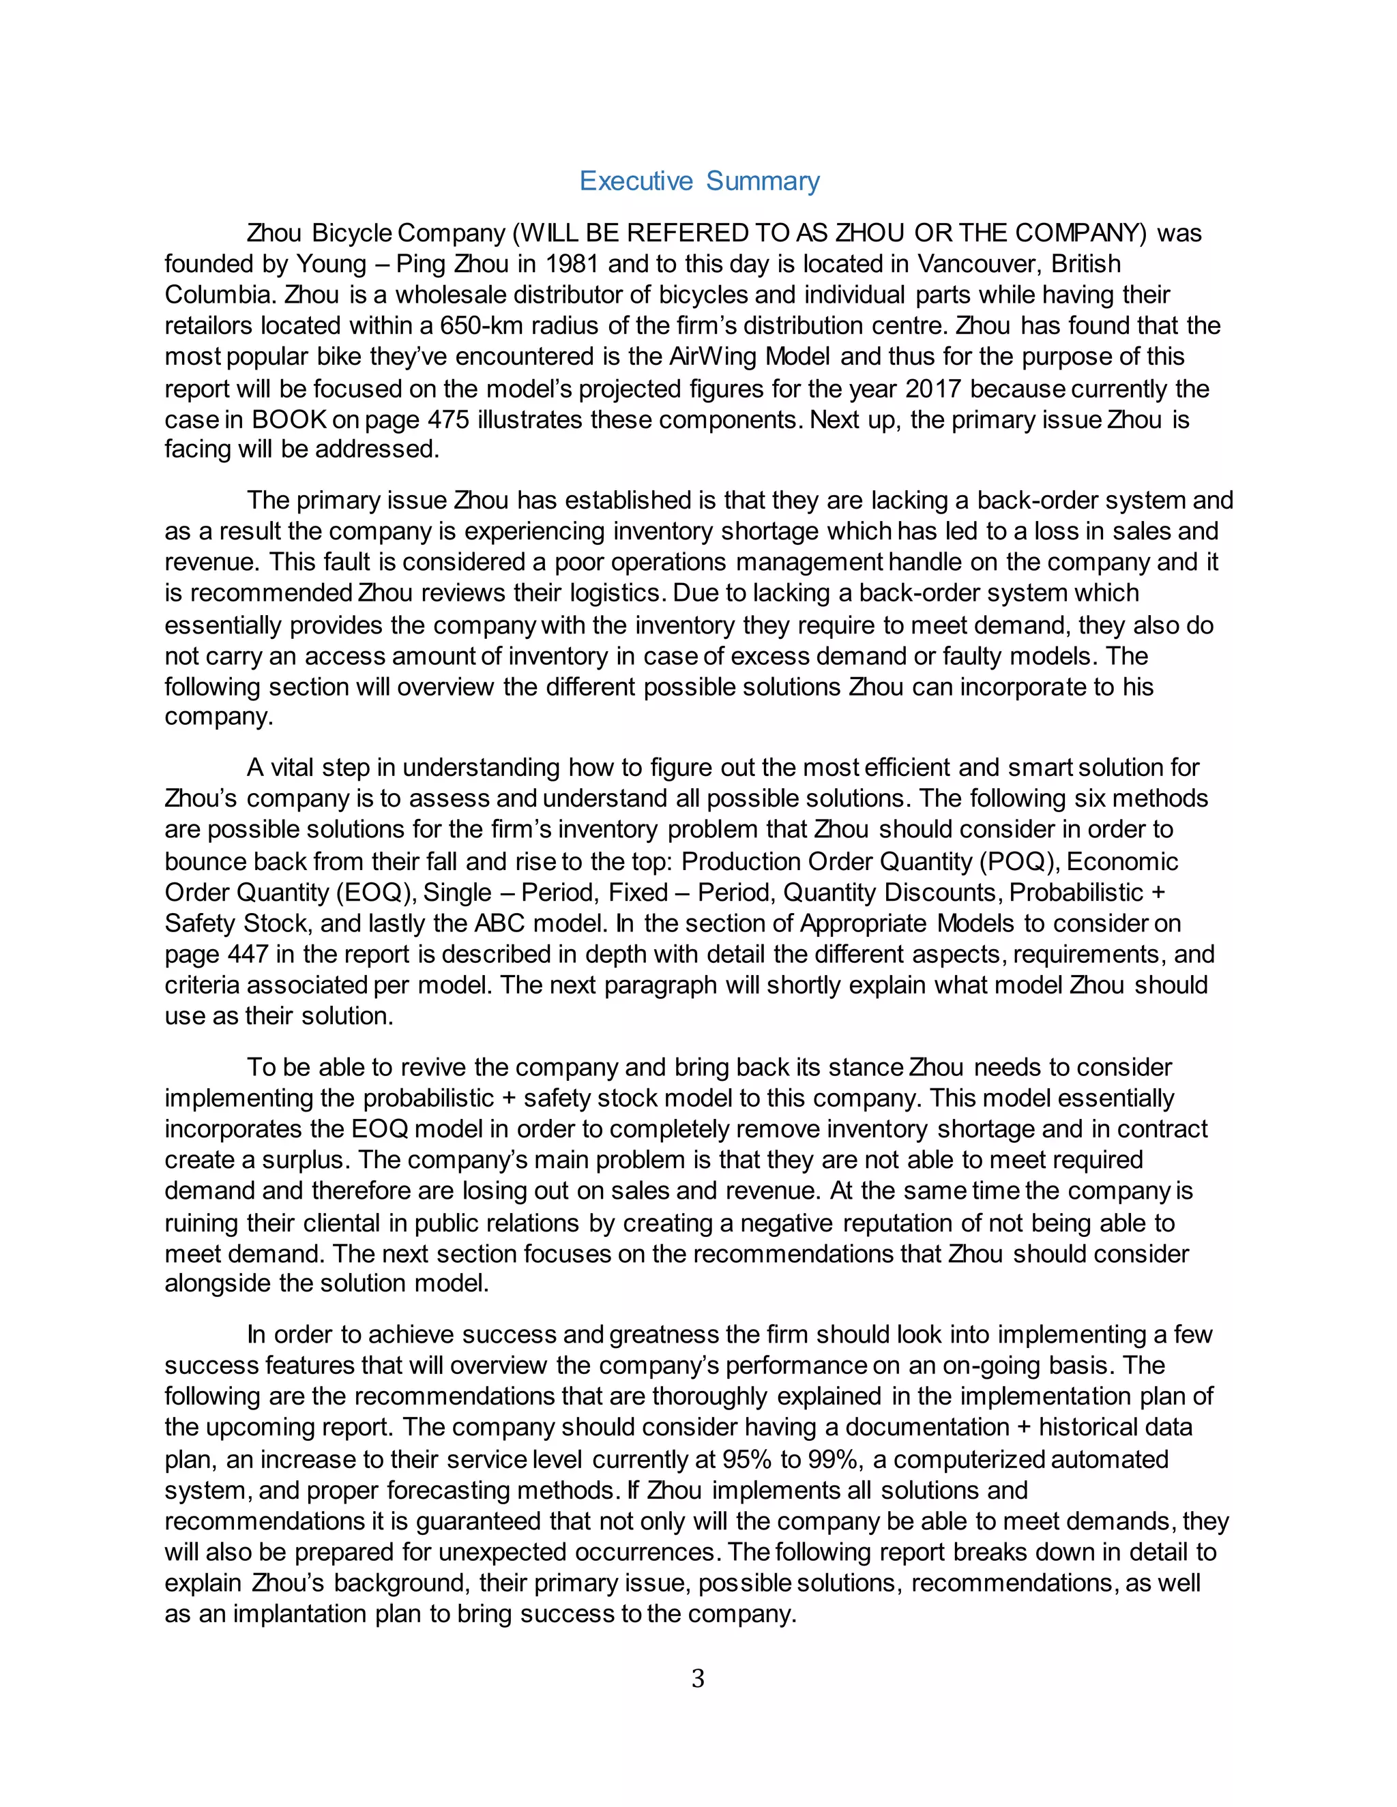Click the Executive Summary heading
click(x=698, y=181)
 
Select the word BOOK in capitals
click(x=289, y=419)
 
